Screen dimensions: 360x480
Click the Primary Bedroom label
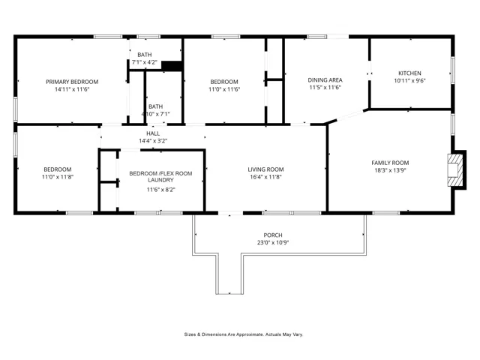pyautogui.click(x=72, y=82)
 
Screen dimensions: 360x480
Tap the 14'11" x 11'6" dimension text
pyautogui.click(x=72, y=89)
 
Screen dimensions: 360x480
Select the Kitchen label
pyautogui.click(x=409, y=73)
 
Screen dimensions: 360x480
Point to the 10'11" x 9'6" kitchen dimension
pyautogui.click(x=409, y=81)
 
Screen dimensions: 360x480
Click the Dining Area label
pyautogui.click(x=325, y=79)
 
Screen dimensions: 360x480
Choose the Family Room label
pyautogui.click(x=390, y=162)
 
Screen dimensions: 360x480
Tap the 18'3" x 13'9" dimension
pyautogui.click(x=390, y=169)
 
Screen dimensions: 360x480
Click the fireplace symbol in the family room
pyautogui.click(x=454, y=168)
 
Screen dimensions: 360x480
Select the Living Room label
pyautogui.click(x=265, y=169)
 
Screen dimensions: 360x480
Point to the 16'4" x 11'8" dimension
pyautogui.click(x=265, y=177)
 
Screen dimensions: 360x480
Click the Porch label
pyautogui.click(x=272, y=235)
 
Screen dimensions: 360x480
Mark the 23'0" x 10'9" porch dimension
pyautogui.click(x=272, y=243)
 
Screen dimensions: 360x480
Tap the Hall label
pyautogui.click(x=153, y=133)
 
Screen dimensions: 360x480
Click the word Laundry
pyautogui.click(x=160, y=180)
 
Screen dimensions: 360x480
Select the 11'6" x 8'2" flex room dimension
pyautogui.click(x=160, y=190)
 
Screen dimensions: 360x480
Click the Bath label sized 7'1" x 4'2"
pyautogui.click(x=144, y=55)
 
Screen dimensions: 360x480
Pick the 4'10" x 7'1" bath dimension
pyautogui.click(x=155, y=114)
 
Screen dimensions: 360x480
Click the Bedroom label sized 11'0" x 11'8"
pyautogui.click(x=57, y=169)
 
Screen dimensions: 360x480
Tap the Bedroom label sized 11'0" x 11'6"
pyautogui.click(x=224, y=82)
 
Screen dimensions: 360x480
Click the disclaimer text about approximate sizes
pyautogui.click(x=244, y=334)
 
